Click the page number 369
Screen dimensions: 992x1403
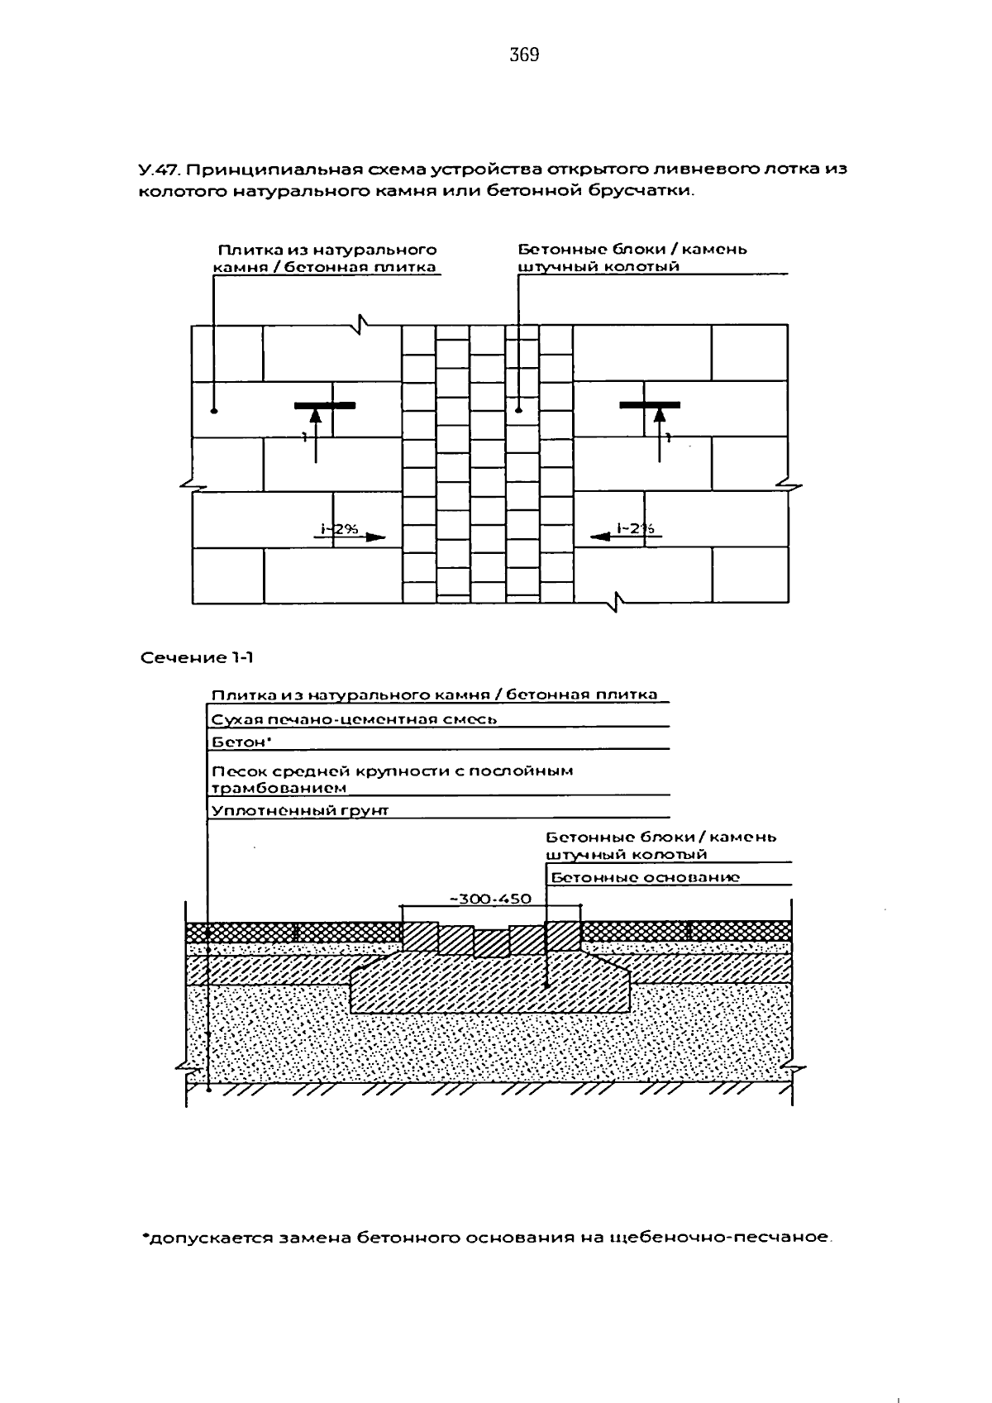(524, 55)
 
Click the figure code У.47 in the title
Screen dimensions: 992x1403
(159, 169)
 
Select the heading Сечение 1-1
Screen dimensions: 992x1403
(197, 657)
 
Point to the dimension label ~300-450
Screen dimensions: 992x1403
(491, 899)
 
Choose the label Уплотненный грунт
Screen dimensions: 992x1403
(300, 810)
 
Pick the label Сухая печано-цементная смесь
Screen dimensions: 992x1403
(354, 719)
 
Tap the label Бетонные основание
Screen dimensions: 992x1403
(645, 877)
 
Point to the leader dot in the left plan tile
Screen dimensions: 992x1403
(213, 411)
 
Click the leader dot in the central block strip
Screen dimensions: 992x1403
(518, 411)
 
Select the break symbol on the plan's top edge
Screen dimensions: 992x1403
(360, 324)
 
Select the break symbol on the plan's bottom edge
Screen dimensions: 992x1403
(617, 603)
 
